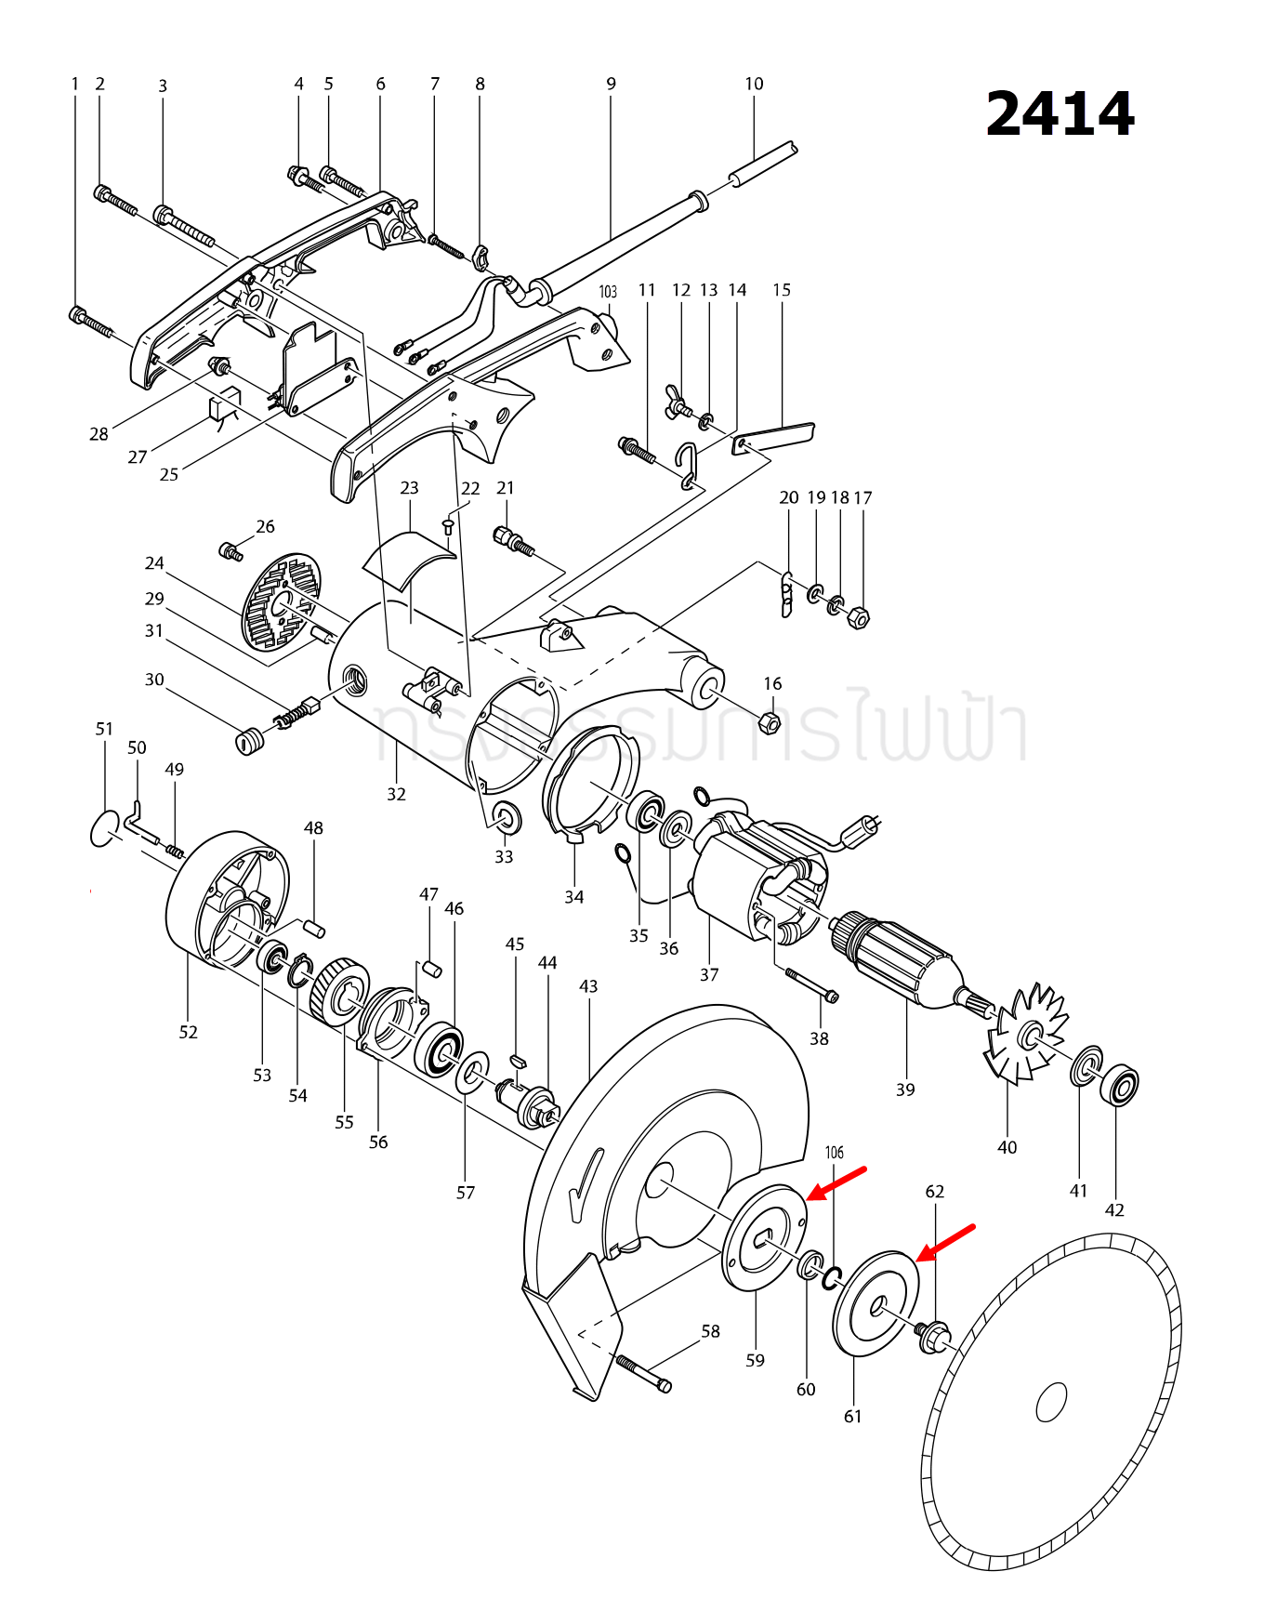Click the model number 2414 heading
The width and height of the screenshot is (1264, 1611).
click(x=1060, y=114)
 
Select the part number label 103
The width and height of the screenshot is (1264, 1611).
click(x=608, y=292)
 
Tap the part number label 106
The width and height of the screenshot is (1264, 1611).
click(x=835, y=1153)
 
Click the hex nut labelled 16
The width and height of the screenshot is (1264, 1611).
click(x=770, y=721)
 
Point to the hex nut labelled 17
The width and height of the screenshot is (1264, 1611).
click(x=860, y=617)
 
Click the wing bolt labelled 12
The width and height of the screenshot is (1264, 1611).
click(x=678, y=401)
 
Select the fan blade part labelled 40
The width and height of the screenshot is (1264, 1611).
click(x=1026, y=1034)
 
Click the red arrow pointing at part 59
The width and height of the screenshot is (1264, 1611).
click(x=836, y=1182)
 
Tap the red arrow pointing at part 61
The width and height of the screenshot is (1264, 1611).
click(x=946, y=1243)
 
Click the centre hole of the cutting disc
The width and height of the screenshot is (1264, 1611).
click(x=1051, y=1402)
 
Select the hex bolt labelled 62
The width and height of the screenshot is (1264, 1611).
click(x=932, y=1336)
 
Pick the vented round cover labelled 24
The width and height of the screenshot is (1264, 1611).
click(x=282, y=601)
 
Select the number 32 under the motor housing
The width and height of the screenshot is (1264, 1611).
click(x=397, y=794)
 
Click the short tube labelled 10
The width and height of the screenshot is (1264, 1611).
click(x=762, y=165)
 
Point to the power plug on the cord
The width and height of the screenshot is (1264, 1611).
click(x=864, y=826)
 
